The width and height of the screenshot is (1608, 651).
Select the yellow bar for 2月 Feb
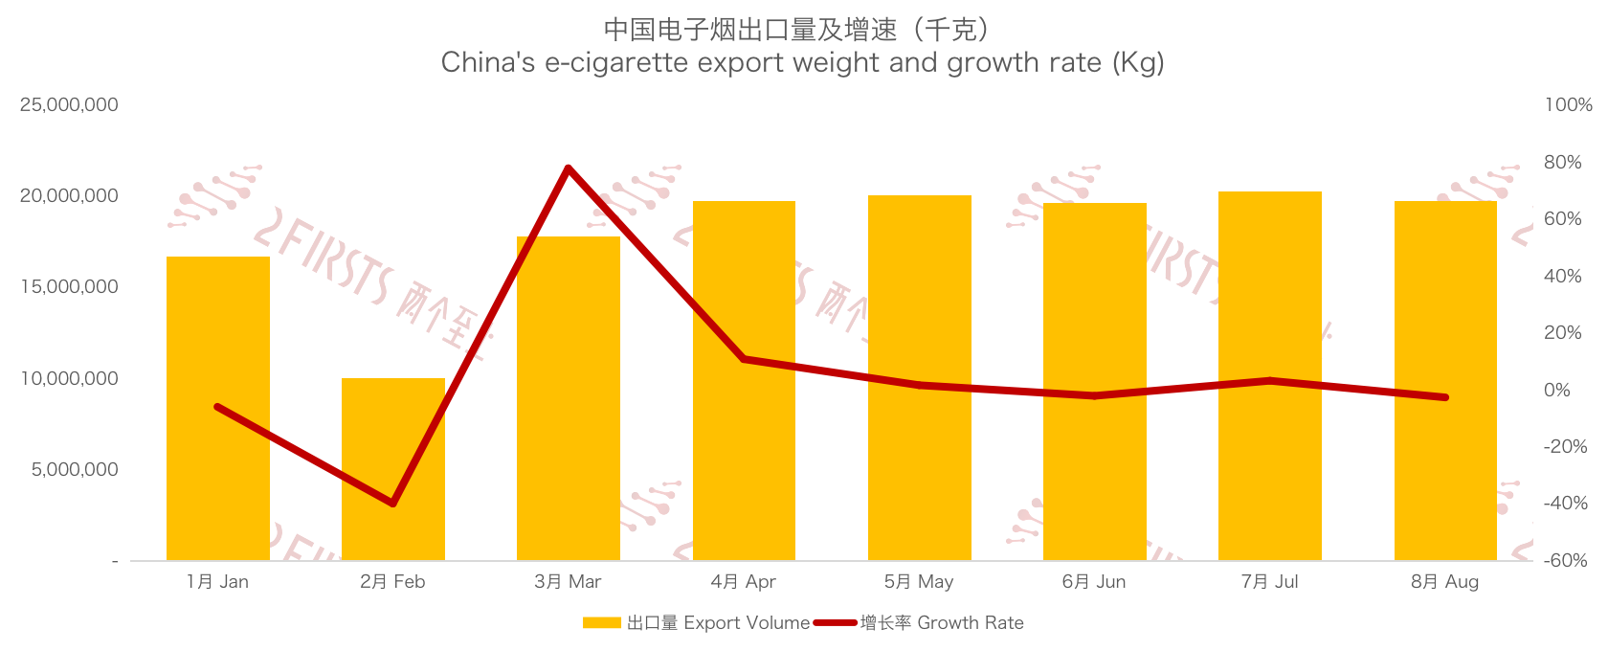click(x=392, y=469)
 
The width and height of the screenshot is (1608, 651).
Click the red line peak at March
click(x=569, y=168)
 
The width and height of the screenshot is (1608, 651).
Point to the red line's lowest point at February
click(x=392, y=503)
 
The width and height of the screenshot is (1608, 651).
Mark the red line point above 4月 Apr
click(x=744, y=359)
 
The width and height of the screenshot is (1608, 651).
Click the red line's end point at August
click(x=1444, y=397)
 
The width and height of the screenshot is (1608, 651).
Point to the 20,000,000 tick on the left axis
click(x=69, y=196)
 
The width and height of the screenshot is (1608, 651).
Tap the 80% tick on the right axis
click(x=1562, y=163)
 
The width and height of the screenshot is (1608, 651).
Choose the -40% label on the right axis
click(x=1565, y=504)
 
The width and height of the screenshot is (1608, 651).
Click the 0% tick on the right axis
click(x=1557, y=390)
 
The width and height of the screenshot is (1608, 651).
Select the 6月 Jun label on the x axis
click(x=1094, y=582)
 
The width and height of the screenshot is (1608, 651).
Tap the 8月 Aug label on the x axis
click(x=1444, y=582)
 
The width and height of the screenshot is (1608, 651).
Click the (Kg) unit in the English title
click(x=1137, y=63)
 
